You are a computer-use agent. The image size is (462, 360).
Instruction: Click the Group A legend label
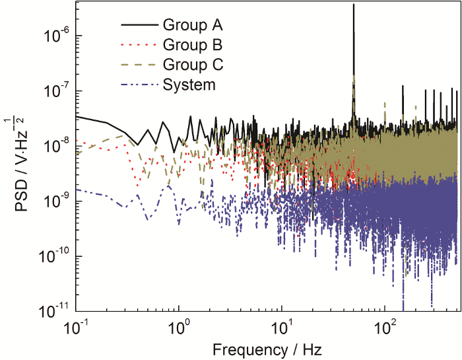click(x=193, y=26)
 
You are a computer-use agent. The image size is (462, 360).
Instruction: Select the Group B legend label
click(x=193, y=46)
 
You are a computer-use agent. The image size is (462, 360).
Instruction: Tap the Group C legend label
click(x=193, y=65)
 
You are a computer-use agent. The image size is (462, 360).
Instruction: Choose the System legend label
click(x=189, y=85)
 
